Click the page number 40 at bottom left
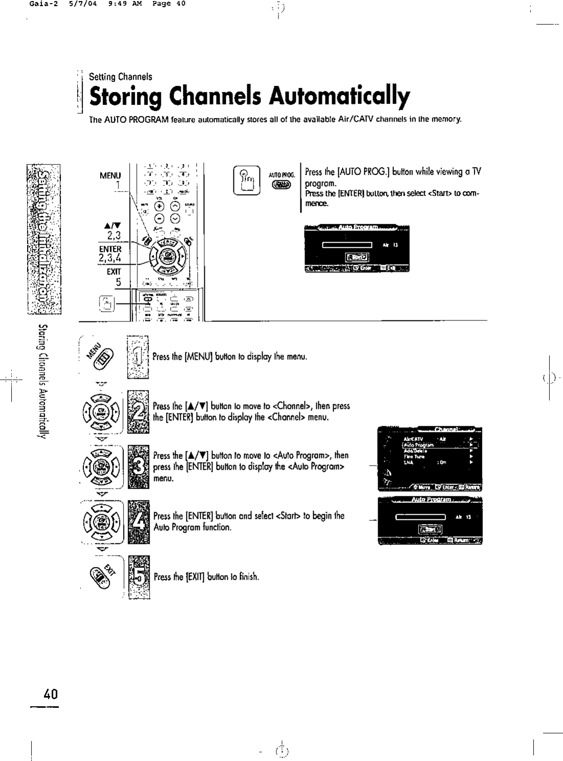(x=51, y=694)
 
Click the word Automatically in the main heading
(x=340, y=96)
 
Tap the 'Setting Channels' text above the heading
(x=121, y=77)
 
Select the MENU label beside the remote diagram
(x=110, y=175)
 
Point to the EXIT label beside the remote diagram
(x=113, y=271)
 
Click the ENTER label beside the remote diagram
(x=110, y=249)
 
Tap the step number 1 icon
(x=137, y=356)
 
